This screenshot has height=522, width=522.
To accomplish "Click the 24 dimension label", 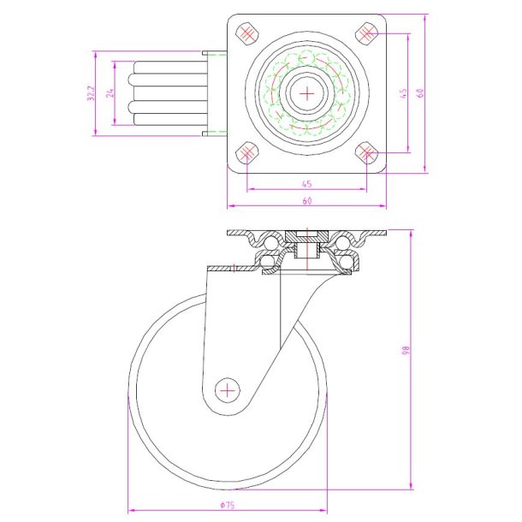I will [x=110, y=93].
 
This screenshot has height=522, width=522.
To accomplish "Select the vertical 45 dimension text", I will [x=403, y=93].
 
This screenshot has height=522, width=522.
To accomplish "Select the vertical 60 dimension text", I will [x=421, y=93].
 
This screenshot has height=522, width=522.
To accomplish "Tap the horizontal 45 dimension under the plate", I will [x=306, y=182].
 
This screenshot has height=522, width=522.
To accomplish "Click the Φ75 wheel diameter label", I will [x=228, y=505].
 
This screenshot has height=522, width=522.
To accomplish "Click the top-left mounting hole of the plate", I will [x=247, y=34].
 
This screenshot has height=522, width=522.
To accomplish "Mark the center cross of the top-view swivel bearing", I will [x=307, y=93].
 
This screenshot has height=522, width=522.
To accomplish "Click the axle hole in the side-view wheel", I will [x=228, y=389].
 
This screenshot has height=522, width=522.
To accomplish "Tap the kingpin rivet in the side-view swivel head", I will [x=306, y=249].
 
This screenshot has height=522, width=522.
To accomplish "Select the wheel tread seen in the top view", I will [x=167, y=93].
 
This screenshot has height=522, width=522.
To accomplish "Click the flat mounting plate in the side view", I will [x=306, y=233].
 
